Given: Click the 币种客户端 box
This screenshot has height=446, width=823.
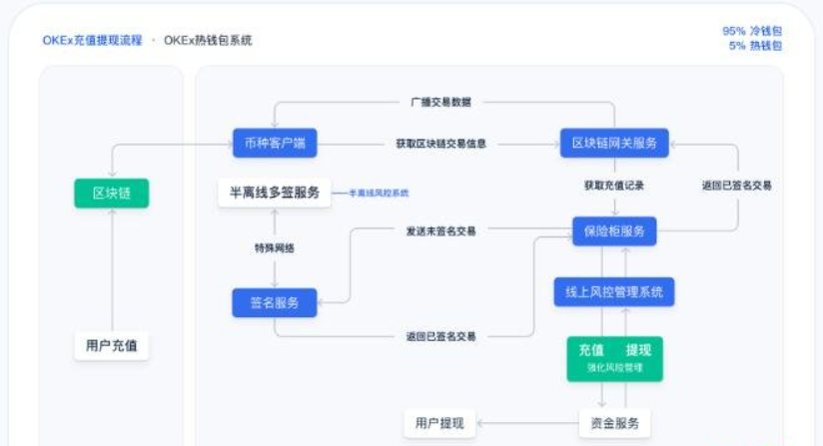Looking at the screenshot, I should tap(275, 144).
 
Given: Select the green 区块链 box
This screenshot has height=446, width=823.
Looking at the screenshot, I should tap(111, 193).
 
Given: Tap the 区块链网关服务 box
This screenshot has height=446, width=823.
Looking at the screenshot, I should tap(613, 144).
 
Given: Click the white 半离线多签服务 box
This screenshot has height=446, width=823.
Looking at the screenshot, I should tap(274, 193).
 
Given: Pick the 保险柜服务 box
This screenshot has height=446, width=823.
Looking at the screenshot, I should tap(613, 231).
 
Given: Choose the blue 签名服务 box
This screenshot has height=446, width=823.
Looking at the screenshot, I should tap(274, 302).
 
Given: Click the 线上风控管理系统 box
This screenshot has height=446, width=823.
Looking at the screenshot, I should tap(613, 292).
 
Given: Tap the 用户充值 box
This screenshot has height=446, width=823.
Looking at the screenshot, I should tap(111, 346).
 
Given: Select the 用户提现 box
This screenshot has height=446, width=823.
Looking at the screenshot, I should tap(439, 423).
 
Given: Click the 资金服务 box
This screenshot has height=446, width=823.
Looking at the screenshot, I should tap(614, 423).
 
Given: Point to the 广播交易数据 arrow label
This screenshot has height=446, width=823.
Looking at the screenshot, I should tap(440, 102).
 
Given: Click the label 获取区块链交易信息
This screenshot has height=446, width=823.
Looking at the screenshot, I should tap(440, 144).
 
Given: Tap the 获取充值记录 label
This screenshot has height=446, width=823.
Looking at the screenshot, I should tap(613, 186).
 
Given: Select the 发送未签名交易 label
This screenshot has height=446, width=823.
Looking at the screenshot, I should tap(440, 230).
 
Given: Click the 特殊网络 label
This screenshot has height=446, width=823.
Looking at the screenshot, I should tap(273, 246).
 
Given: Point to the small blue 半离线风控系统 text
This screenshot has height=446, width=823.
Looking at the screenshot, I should tap(379, 193).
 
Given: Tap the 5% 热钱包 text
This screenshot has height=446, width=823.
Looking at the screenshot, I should tap(755, 46).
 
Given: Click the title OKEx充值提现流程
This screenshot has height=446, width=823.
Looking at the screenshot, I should tap(92, 41).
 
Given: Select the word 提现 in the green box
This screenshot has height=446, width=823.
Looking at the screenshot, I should tap(638, 350).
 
